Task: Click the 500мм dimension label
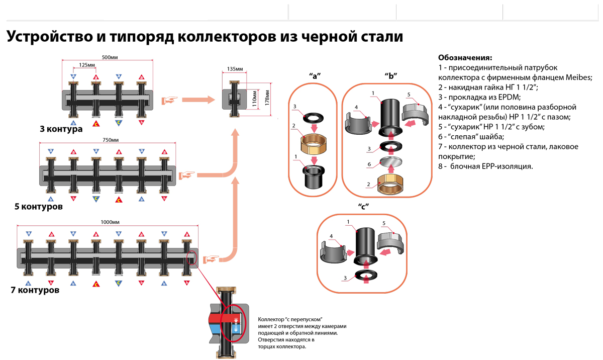tap(109, 57)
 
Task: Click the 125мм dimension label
tap(87, 65)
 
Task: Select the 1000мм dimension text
tap(110, 222)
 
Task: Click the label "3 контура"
tap(61, 129)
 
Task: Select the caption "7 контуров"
tap(35, 291)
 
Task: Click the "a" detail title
tap(315, 75)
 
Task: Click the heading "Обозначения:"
tap(464, 57)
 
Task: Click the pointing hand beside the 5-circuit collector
tap(187, 175)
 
